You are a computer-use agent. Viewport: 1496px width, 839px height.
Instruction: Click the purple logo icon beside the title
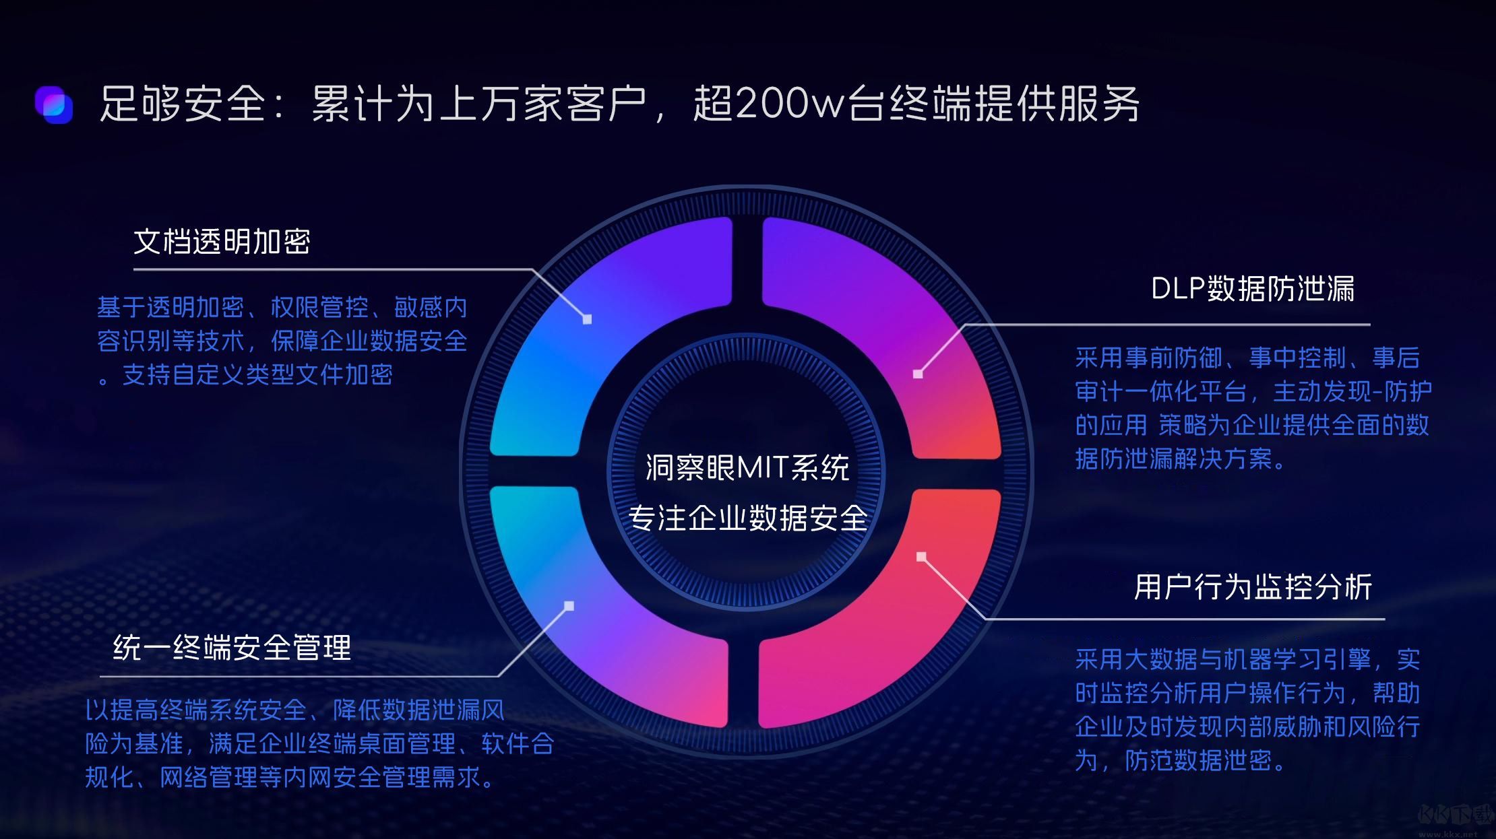point(54,105)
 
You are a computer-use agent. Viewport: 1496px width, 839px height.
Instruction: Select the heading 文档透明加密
point(222,242)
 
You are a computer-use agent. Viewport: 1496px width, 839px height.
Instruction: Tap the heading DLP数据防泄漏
point(1253,289)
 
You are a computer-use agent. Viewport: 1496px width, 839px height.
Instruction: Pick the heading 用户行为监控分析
point(1253,587)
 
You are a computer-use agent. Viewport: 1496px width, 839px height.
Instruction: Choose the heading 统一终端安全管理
point(232,648)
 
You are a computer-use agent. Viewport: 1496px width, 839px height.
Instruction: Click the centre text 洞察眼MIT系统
point(747,467)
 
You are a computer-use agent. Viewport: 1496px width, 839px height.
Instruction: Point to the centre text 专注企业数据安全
point(747,518)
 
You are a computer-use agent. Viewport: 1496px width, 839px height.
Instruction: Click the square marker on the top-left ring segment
point(587,319)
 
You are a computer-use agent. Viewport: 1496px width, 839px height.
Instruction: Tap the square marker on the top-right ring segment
point(918,374)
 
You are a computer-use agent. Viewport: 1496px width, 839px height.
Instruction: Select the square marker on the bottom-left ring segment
point(569,606)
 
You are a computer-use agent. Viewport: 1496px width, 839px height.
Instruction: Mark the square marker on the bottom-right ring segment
point(921,557)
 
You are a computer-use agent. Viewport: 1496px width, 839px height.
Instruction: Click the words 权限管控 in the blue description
point(319,308)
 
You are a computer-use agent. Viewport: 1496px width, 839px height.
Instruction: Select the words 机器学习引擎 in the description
point(1297,659)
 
